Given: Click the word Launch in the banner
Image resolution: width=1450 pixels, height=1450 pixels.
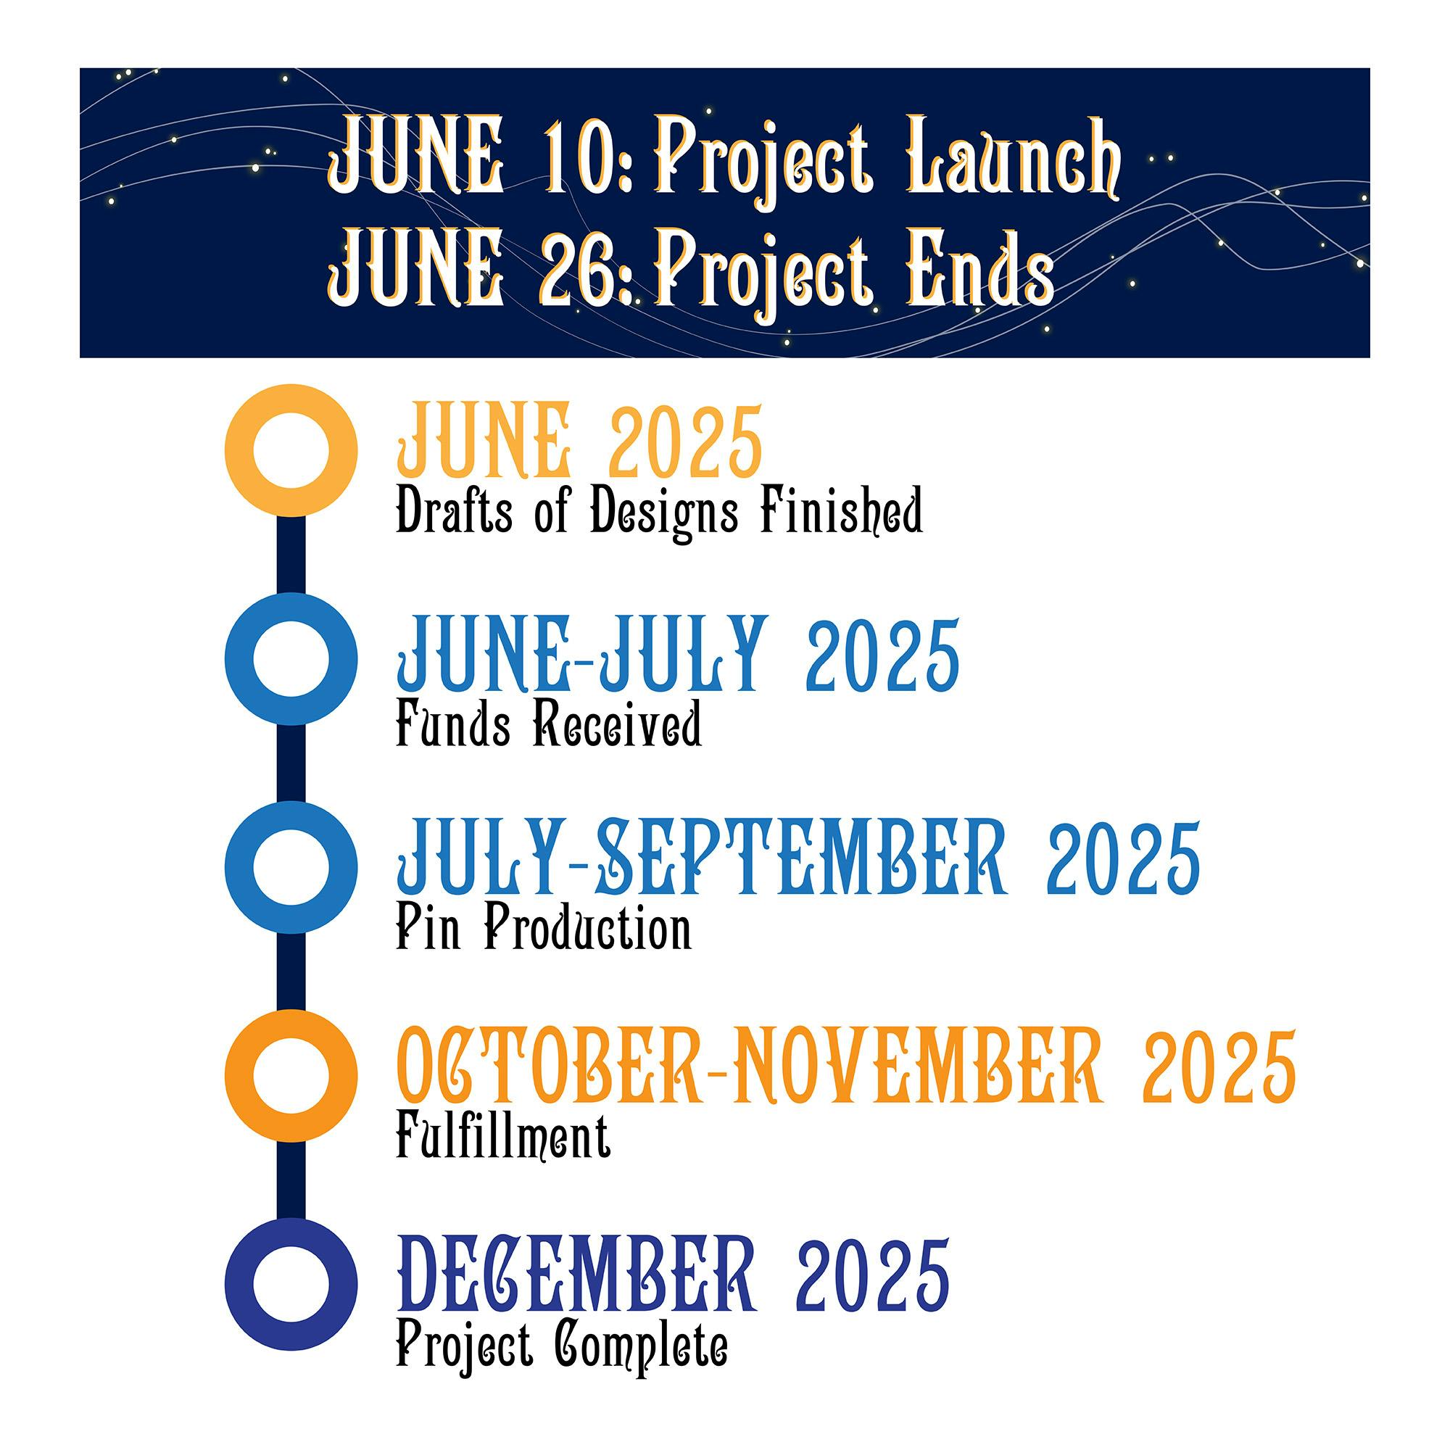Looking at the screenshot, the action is pos(1015,156).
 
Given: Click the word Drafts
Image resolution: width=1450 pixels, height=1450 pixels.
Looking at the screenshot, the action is pos(454,510).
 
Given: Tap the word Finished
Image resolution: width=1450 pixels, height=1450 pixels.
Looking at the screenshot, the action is pos(840,510).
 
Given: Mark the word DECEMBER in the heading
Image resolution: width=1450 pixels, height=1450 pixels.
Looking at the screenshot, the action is pos(576,1276).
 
